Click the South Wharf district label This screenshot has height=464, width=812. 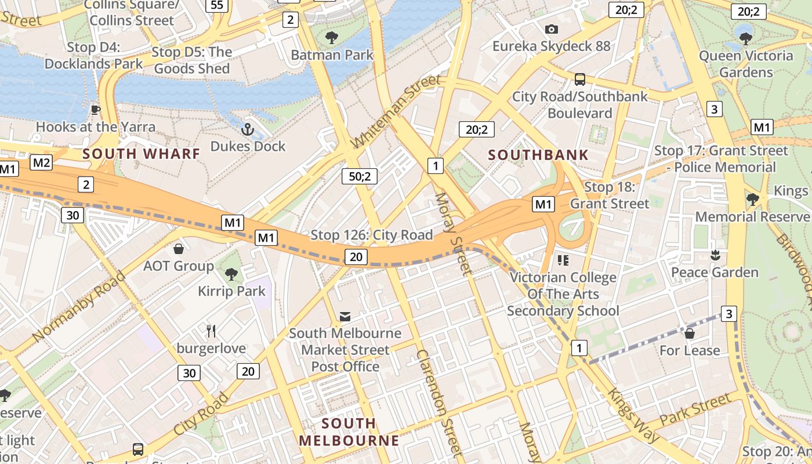tap(141, 154)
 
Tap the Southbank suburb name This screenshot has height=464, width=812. tap(538, 155)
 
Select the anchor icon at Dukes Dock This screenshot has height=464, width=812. tap(248, 129)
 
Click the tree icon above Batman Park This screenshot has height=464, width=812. tap(332, 38)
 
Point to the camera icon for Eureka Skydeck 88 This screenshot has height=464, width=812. tap(551, 29)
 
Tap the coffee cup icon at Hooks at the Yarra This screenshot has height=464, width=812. tap(96, 110)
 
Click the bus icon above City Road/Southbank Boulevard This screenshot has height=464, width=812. tap(579, 79)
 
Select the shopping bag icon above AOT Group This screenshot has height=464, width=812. tap(179, 249)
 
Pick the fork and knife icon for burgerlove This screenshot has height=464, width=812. tap(211, 331)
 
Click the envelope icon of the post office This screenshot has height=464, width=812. tap(345, 316)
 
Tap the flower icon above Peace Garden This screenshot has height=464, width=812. tap(715, 255)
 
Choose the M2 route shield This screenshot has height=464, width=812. tap(41, 162)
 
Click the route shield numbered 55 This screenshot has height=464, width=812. tap(217, 5)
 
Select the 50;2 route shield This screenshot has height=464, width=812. tap(360, 176)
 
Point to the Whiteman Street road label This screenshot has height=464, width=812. tap(396, 112)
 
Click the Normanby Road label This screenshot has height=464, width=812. tap(79, 306)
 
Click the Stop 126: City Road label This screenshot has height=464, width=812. tap(372, 235)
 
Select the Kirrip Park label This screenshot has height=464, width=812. tap(231, 291)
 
